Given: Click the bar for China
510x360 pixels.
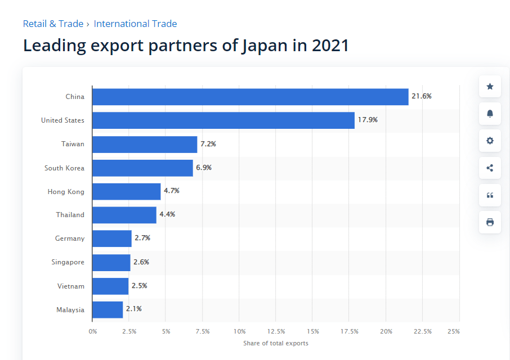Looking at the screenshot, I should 250,97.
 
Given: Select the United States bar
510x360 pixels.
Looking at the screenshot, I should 223,120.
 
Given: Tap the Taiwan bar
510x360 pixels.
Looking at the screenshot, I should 145,144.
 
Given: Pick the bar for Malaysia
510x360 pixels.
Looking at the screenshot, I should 108,309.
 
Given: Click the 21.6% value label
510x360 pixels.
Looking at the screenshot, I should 422,96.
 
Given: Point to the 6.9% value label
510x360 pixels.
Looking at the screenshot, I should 204,168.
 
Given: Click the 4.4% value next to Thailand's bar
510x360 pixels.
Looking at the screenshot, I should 167,214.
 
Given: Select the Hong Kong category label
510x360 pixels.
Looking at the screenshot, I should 66,192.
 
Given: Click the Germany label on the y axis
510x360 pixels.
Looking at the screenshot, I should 70,238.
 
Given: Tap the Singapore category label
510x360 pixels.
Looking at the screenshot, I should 68,262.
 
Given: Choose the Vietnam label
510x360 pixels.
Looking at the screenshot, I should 71,286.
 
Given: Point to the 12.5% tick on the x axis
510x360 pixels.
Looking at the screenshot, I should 276,331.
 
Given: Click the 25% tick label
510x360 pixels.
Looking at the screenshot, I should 454,331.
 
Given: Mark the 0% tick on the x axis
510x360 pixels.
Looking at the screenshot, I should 93,331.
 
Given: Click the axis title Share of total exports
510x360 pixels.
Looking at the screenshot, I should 276,343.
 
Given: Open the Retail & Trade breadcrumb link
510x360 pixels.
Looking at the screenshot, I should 53,24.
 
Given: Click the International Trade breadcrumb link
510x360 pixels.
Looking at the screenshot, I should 135,24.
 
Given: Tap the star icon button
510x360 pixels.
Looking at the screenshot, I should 490,87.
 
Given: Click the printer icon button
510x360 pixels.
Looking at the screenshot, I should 490,222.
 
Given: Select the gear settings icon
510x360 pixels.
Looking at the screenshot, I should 490,141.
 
